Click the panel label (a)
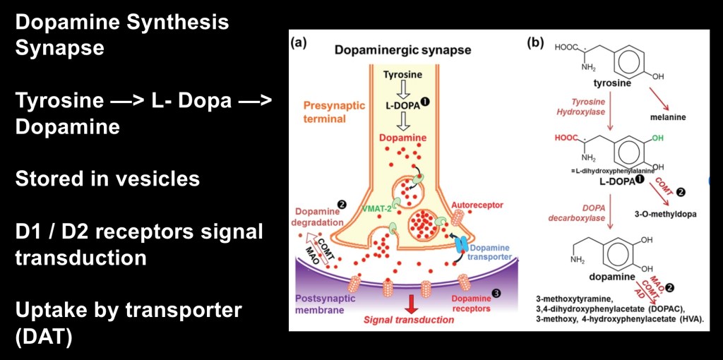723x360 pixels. (299, 42)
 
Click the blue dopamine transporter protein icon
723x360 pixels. (461, 244)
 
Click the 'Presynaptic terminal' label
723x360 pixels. (334, 112)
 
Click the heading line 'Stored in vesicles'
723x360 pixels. (107, 179)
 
